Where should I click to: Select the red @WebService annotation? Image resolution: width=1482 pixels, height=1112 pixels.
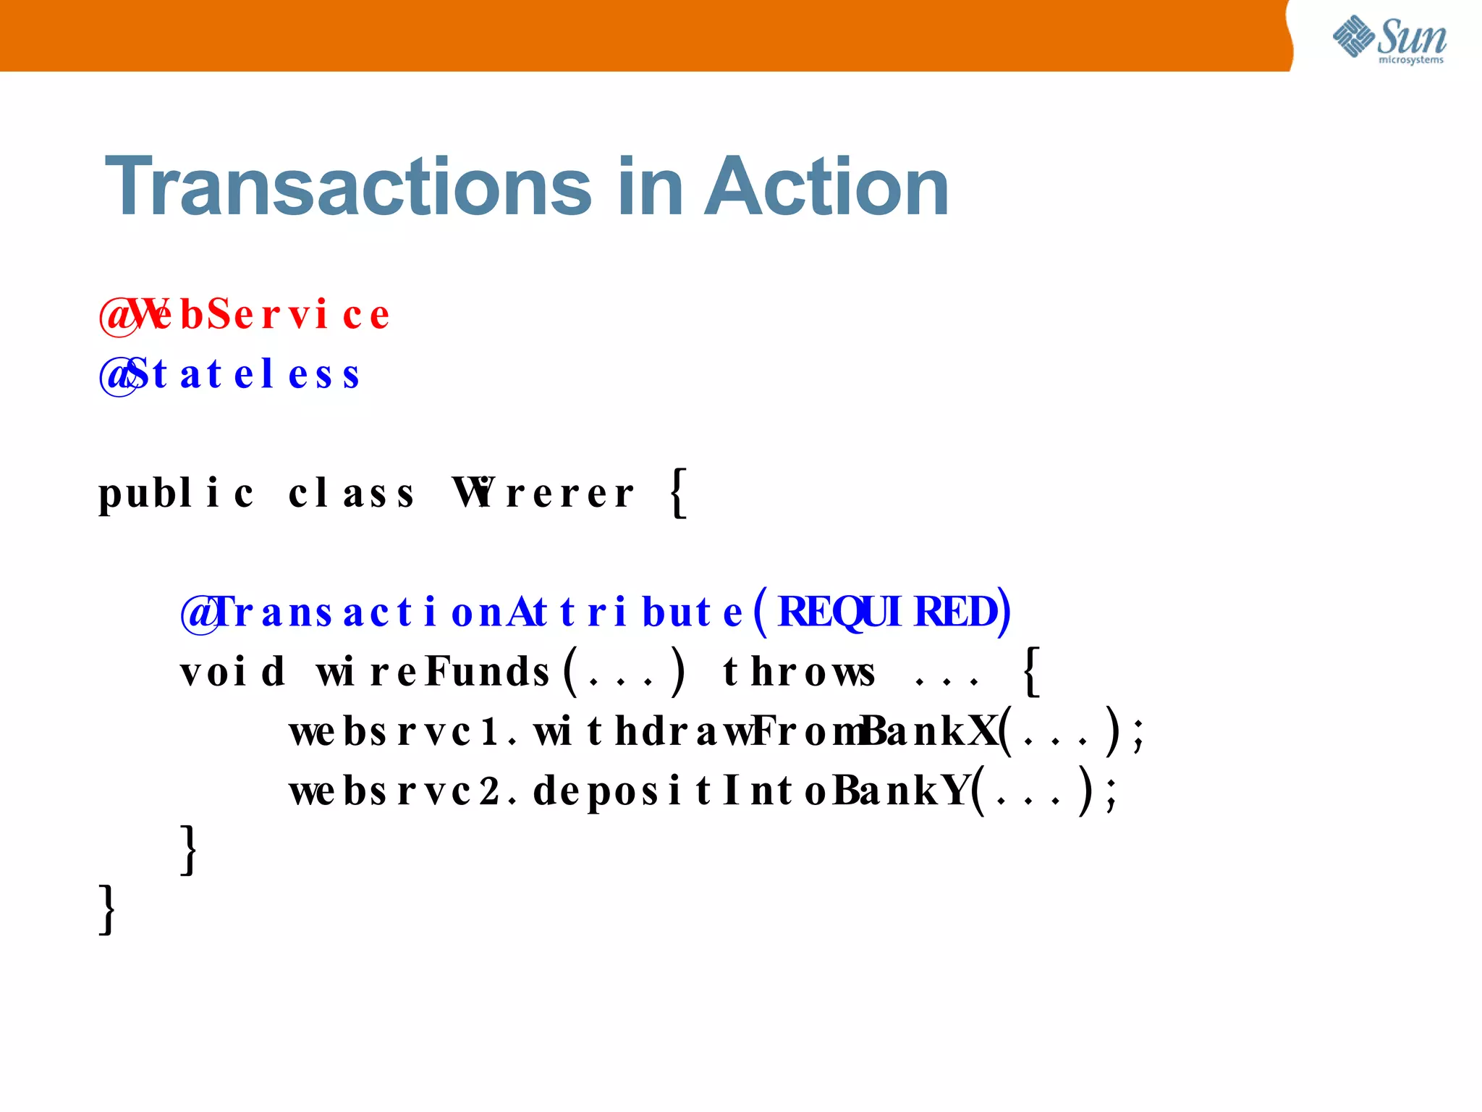pos(245,315)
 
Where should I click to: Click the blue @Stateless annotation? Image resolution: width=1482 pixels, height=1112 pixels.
pos(229,374)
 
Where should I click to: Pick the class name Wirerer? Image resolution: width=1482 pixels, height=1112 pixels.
pos(543,494)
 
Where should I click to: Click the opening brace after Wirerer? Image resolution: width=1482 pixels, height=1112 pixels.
pos(678,494)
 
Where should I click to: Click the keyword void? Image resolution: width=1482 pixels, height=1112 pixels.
pos(232,672)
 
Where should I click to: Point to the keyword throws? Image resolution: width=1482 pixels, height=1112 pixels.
pos(799,672)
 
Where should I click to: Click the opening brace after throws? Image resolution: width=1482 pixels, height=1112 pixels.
pos(1032,672)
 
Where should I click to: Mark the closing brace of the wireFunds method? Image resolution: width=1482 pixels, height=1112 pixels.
pos(189,850)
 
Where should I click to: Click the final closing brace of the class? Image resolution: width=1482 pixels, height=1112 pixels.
pos(107,909)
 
